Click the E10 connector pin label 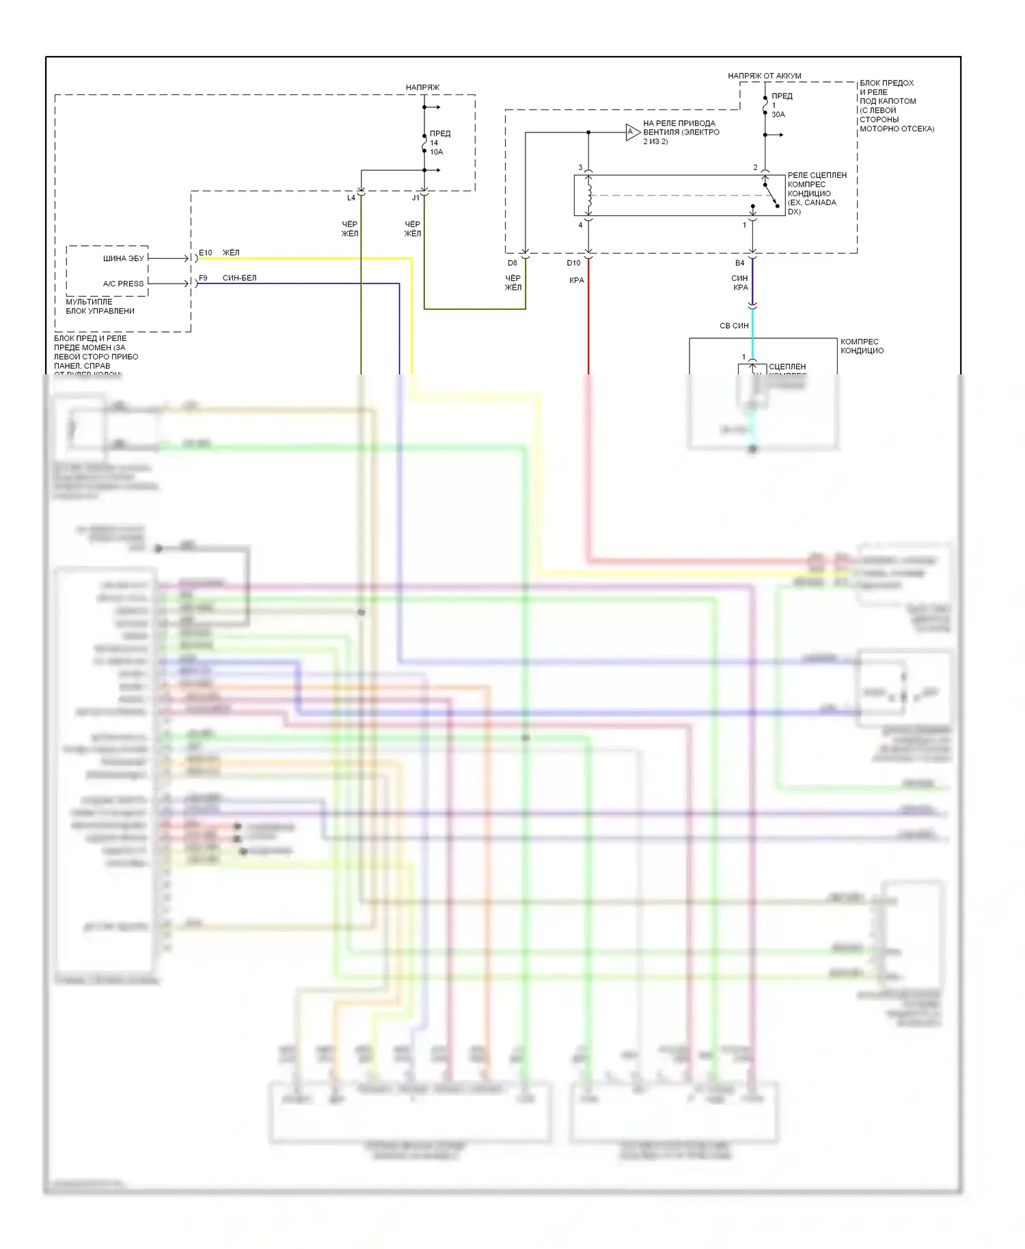click(x=205, y=253)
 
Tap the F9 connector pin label click(x=203, y=278)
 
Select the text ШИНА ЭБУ click(x=124, y=258)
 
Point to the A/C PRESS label click(x=124, y=284)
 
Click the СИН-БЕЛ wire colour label click(x=239, y=278)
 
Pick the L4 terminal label click(x=351, y=198)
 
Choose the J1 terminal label click(x=415, y=198)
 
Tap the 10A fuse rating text click(x=437, y=152)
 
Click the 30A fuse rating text click(x=778, y=115)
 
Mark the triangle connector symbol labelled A click(x=632, y=132)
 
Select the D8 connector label click(x=512, y=263)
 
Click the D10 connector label click(x=573, y=263)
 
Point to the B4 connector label click(x=739, y=263)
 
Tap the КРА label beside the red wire click(x=577, y=280)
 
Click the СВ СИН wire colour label click(x=734, y=326)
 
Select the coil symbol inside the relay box click(x=589, y=194)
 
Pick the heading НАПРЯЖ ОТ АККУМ click(x=765, y=76)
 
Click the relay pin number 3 click(x=580, y=167)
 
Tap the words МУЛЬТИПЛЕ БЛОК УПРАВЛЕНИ click(x=100, y=306)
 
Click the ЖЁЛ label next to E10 click(x=231, y=253)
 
